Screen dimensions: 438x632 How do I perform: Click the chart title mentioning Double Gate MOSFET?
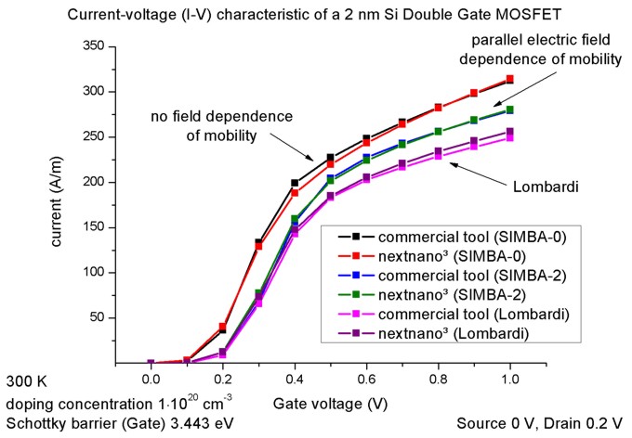tap(316, 11)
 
